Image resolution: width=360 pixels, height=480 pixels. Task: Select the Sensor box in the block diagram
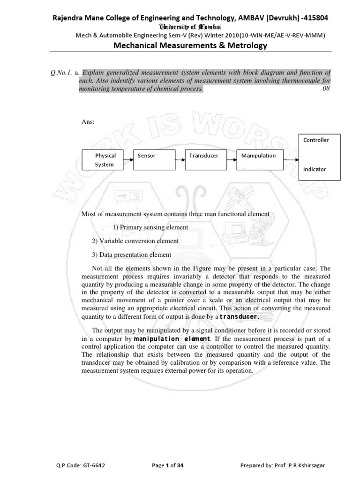157,159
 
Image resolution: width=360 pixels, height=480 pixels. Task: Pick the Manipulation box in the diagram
260,159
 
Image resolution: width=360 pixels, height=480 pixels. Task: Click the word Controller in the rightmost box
316,140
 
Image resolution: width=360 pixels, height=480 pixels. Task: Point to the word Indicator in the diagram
315,169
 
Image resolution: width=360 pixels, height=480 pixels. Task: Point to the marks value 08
326,89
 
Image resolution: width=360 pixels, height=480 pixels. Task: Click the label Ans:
88,122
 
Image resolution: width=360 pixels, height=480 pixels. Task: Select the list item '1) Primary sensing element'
150,227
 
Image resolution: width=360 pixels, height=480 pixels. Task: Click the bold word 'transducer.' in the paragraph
240,317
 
